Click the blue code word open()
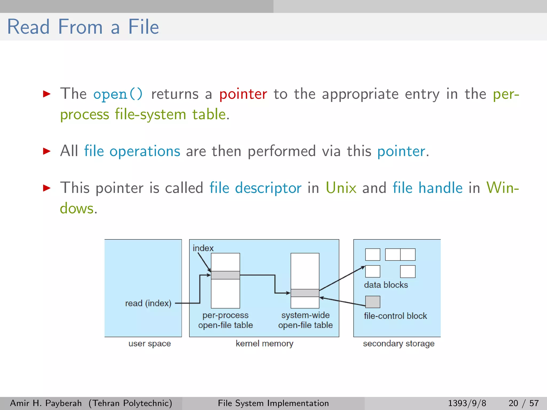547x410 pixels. click(118, 94)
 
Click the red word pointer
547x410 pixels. click(243, 94)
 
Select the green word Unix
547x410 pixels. click(341, 188)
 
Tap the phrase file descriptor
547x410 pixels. click(255, 188)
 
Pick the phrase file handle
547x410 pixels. click(427, 188)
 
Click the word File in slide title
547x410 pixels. click(143, 27)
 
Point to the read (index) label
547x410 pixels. click(148, 303)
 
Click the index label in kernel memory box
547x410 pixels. click(203, 248)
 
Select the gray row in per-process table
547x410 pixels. click(225, 275)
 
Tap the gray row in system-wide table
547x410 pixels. click(305, 293)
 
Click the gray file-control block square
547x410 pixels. click(373, 302)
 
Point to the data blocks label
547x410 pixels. click(386, 285)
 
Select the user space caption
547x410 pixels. click(150, 344)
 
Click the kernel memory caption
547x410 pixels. click(264, 344)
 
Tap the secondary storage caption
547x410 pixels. click(398, 344)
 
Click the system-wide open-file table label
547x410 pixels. click(305, 320)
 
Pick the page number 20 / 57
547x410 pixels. click(523, 403)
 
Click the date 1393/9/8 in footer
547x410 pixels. click(467, 403)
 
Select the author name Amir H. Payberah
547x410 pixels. click(46, 403)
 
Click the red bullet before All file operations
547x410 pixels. click(47, 151)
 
